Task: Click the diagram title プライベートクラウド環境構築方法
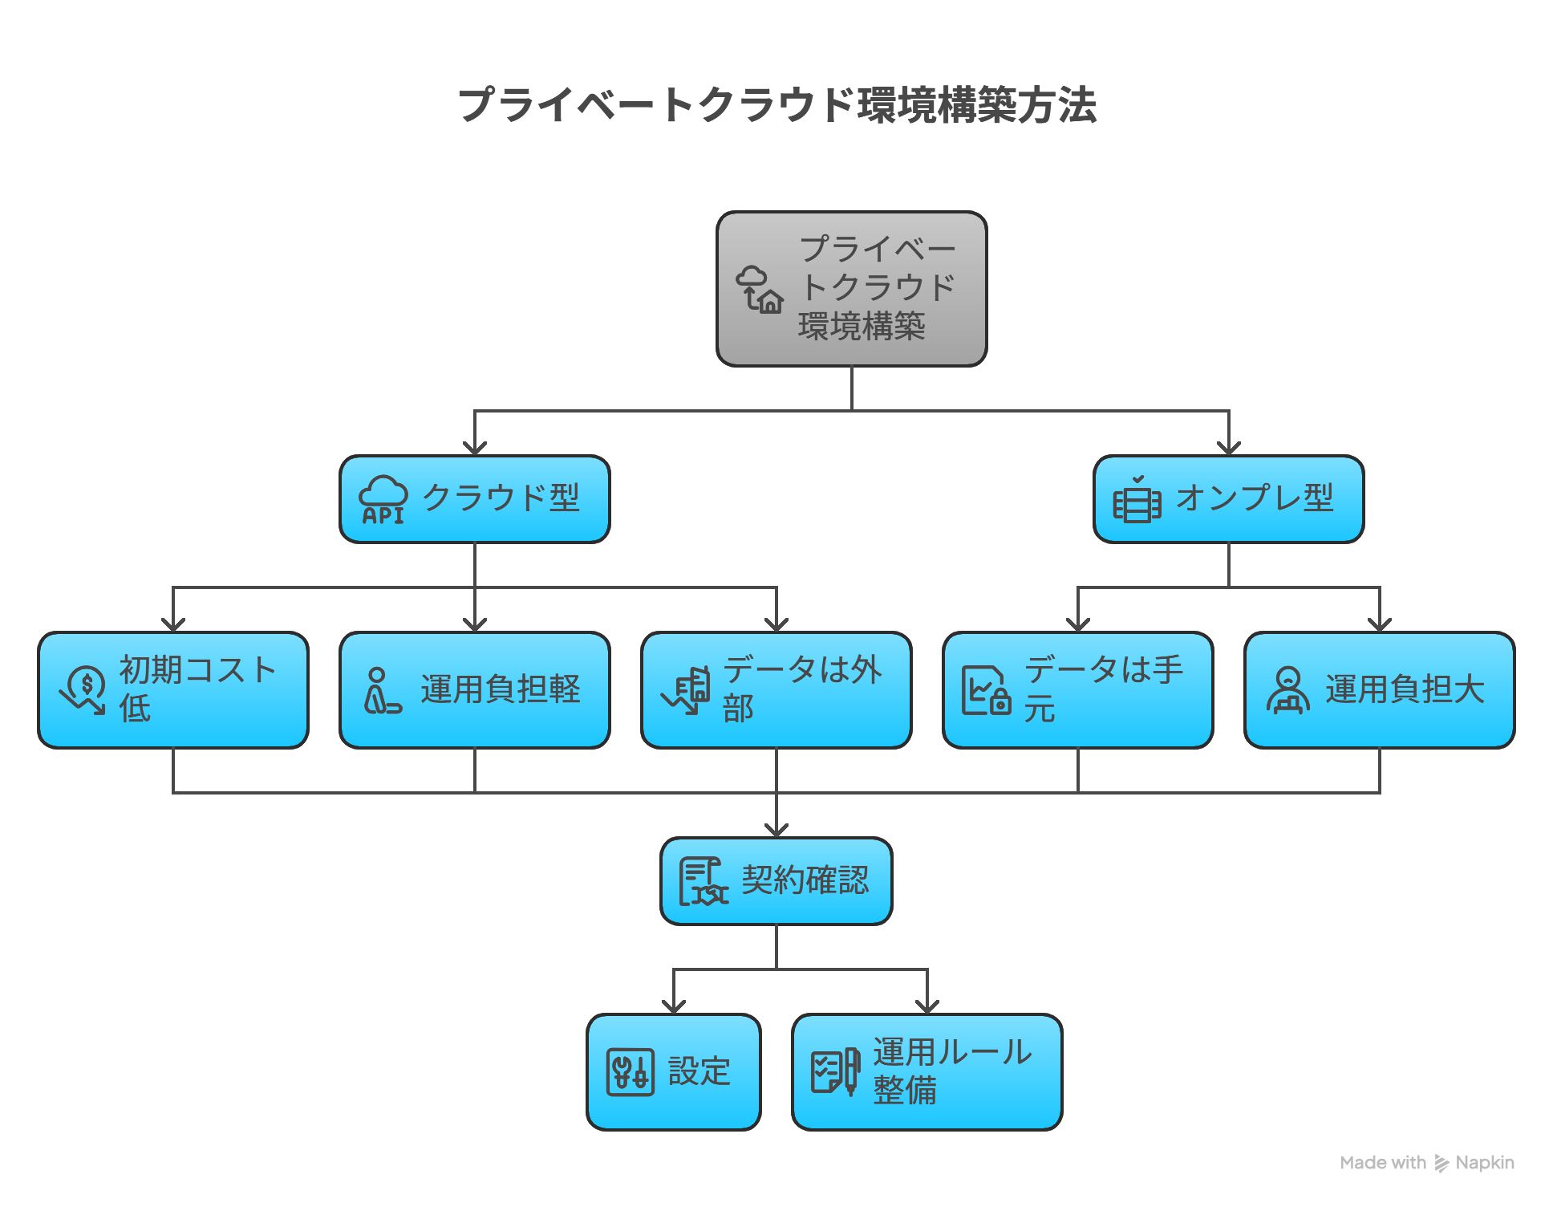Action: (776, 105)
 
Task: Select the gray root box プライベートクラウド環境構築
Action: (851, 290)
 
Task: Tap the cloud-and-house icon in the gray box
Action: (759, 290)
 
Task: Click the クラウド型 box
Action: (474, 499)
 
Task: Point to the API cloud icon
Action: (383, 500)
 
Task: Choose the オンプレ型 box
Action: (1228, 499)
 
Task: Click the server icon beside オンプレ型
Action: (1136, 500)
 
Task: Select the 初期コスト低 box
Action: (173, 690)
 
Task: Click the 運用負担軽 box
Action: (474, 690)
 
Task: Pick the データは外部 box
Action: (776, 690)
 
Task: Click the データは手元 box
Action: (1077, 690)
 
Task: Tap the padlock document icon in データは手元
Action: (985, 690)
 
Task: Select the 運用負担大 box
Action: (1379, 690)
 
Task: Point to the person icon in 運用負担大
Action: (1287, 690)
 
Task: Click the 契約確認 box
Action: (776, 881)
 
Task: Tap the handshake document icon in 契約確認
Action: (703, 881)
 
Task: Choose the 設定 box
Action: (673, 1072)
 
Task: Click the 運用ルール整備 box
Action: (927, 1072)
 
